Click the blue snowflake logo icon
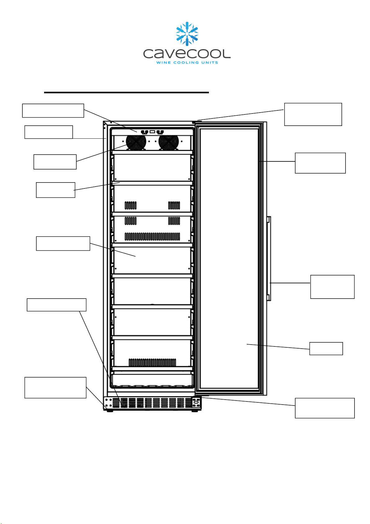pyautogui.click(x=187, y=34)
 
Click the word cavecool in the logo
pyautogui.click(x=187, y=54)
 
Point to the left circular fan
pyautogui.click(x=136, y=142)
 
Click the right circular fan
pyautogui.click(x=169, y=142)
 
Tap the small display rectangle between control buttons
pyautogui.click(x=152, y=132)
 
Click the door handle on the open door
pyautogui.click(x=269, y=258)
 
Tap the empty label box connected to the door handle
pyautogui.click(x=332, y=287)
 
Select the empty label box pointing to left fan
pyautogui.click(x=55, y=162)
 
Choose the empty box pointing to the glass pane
pyautogui.click(x=326, y=349)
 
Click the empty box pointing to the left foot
pyautogui.click(x=55, y=387)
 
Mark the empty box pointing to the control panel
pyautogui.click(x=53, y=111)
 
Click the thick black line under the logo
pyautogui.click(x=126, y=93)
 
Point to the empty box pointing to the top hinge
pyautogui.click(x=313, y=114)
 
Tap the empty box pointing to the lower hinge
pyautogui.click(x=325, y=408)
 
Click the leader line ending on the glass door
pyautogui.click(x=278, y=347)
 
